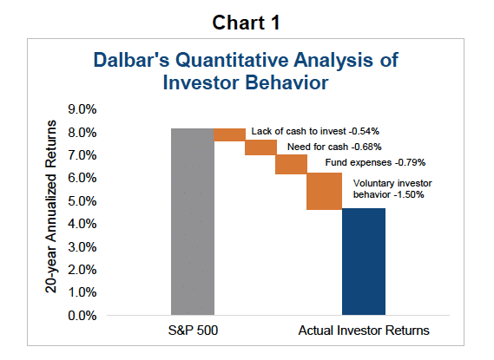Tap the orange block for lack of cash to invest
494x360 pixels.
(229, 134)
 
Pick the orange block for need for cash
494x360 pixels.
(260, 147)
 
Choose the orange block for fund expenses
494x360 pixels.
(291, 164)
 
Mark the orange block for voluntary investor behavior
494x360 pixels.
(323, 191)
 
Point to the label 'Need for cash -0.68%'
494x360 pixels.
(334, 147)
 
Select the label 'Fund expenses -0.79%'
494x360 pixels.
(365, 162)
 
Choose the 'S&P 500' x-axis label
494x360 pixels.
(192, 331)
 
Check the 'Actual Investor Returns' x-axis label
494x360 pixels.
(364, 331)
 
